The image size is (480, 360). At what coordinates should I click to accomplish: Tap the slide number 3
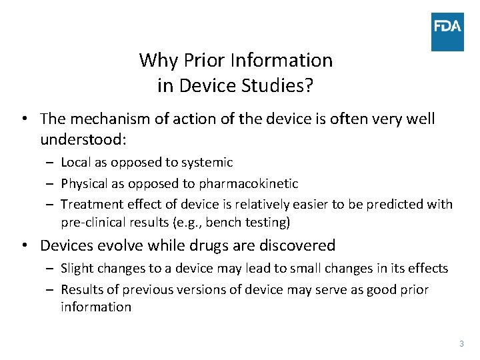461,344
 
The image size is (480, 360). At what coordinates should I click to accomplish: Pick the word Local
76,162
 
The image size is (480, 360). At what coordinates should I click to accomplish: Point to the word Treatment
91,205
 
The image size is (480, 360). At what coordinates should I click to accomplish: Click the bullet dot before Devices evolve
24,245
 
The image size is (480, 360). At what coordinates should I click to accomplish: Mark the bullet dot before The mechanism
24,119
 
